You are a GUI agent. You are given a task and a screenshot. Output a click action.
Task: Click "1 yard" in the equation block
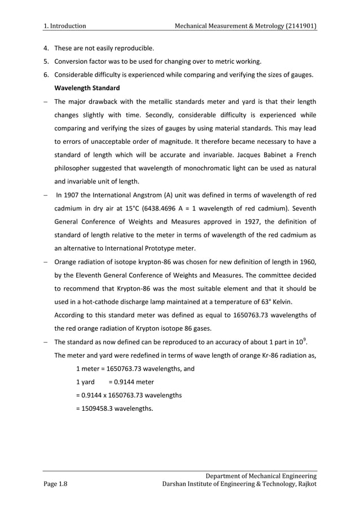pyautogui.click(x=85, y=382)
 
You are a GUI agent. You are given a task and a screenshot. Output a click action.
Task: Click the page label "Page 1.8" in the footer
pyautogui.click(x=55, y=484)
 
